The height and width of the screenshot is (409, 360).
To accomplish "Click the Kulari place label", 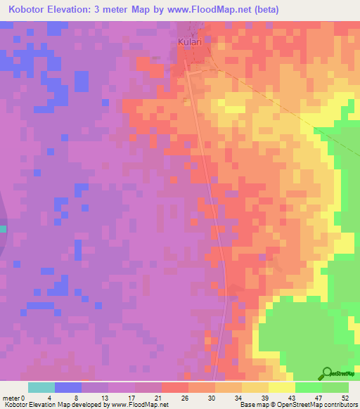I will tap(190, 42).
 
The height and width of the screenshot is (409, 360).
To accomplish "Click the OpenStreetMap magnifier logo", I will tap(328, 375).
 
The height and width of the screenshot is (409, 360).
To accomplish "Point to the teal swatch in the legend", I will tap(41, 387).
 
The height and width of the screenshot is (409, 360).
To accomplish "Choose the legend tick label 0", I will tap(22, 397).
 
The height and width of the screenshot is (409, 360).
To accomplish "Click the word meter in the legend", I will tap(11, 397).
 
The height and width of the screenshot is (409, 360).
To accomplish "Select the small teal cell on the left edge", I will tap(3, 228).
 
